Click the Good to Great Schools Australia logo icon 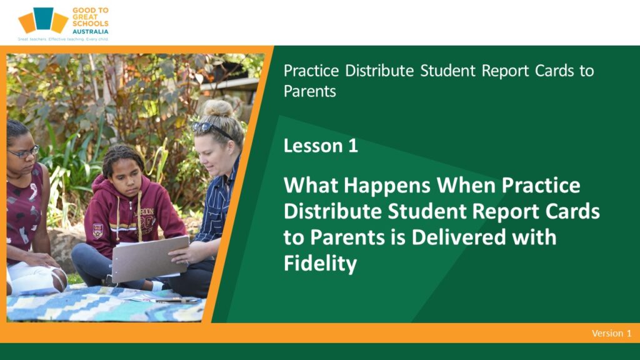[43, 20]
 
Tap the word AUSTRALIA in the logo [90, 31]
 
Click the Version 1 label [611, 333]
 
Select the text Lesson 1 [321, 146]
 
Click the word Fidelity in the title [321, 263]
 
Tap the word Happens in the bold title [387, 186]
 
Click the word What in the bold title [311, 185]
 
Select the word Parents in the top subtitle [310, 91]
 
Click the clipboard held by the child [150, 258]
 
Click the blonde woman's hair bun [218, 109]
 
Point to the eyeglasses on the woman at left [24, 152]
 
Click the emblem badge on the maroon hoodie [97, 231]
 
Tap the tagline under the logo [63, 39]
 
